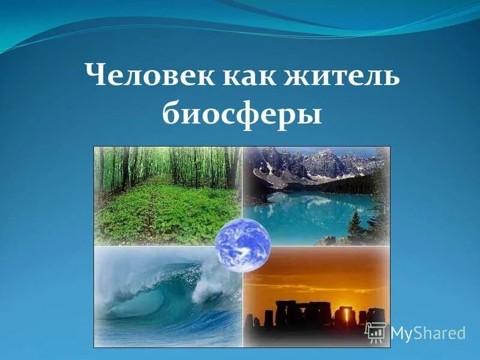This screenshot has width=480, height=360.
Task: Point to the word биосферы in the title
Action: point(241,113)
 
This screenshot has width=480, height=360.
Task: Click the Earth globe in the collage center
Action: point(242,245)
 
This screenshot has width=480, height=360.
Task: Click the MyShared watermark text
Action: point(428,333)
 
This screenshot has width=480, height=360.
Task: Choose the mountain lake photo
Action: point(318,192)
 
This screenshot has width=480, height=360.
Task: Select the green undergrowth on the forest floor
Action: point(162,210)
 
